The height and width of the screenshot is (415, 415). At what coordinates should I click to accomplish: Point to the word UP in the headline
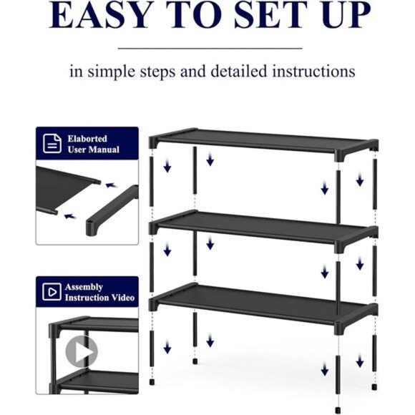345,15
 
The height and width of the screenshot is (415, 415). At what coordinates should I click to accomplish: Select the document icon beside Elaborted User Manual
52,143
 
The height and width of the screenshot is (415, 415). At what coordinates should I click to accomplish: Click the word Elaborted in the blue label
87,138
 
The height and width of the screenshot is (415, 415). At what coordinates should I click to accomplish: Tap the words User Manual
93,150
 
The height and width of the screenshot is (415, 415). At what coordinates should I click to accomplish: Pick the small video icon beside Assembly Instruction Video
52,291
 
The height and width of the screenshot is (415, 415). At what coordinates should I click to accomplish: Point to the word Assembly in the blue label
84,286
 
